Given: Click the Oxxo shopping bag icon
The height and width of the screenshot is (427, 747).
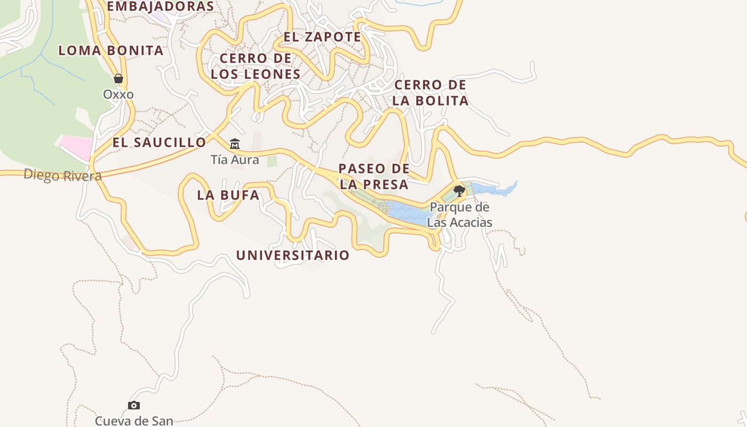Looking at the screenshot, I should [118, 78].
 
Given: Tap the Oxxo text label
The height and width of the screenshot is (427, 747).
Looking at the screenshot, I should [118, 94].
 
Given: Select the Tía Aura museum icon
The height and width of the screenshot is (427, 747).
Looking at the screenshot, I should [235, 144].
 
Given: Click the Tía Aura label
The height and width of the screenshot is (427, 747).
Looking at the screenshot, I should [235, 160].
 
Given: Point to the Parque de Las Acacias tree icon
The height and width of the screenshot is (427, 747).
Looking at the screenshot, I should [459, 191].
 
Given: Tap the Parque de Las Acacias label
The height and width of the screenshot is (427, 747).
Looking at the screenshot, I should [459, 215].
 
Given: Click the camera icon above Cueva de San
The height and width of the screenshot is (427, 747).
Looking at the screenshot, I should [134, 405].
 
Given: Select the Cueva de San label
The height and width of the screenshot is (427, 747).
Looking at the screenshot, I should [134, 421].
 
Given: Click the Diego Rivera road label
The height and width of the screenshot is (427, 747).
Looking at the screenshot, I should [62, 175].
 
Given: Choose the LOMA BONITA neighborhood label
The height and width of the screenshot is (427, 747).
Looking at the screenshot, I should [110, 51].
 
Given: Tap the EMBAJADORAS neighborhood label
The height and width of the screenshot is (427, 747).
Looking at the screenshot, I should [160, 6].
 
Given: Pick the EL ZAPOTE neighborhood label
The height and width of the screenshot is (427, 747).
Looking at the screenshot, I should [322, 37].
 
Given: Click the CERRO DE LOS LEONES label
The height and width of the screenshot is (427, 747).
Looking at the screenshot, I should [256, 66].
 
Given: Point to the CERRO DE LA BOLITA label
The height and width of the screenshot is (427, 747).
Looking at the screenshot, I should [431, 93].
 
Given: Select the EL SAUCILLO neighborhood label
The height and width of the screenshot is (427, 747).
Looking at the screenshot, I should [159, 143].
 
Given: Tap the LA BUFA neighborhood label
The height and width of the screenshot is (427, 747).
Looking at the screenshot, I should [228, 195].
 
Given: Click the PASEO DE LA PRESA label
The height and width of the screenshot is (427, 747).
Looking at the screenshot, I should [374, 177].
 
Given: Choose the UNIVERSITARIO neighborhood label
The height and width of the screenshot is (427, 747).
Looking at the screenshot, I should [292, 256].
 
